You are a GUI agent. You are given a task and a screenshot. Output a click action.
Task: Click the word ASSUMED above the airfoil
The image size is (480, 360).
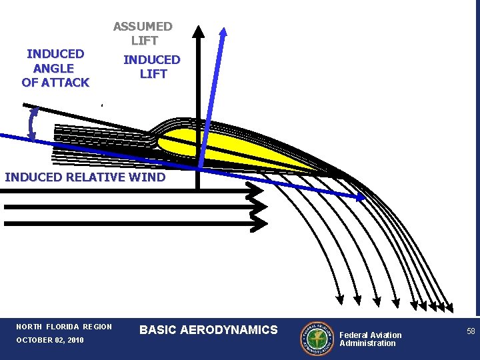pyautogui.click(x=143, y=27)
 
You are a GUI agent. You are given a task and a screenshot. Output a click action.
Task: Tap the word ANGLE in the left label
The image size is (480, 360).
pyautogui.click(x=55, y=68)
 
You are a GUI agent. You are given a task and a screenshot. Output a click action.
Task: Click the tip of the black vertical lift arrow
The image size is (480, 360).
pyautogui.click(x=198, y=29)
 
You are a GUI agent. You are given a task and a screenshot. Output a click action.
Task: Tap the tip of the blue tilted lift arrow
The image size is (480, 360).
pyautogui.click(x=223, y=31)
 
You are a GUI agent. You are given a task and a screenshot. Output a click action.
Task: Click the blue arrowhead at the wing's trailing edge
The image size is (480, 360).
pyautogui.click(x=361, y=197)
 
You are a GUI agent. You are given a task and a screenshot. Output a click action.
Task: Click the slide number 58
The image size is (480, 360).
pyautogui.click(x=471, y=331)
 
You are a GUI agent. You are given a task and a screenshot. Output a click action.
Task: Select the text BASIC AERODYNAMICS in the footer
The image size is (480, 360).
pyautogui.click(x=208, y=329)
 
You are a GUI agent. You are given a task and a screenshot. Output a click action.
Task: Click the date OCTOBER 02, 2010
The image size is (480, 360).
pyautogui.click(x=50, y=341)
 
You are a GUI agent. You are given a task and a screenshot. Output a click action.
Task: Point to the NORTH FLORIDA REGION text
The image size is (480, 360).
pyautogui.click(x=64, y=327)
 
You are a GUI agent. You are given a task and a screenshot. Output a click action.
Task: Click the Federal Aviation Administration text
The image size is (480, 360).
pyautogui.click(x=371, y=339)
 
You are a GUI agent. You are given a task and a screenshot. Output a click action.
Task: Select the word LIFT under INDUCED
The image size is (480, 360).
pyautogui.click(x=153, y=74)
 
